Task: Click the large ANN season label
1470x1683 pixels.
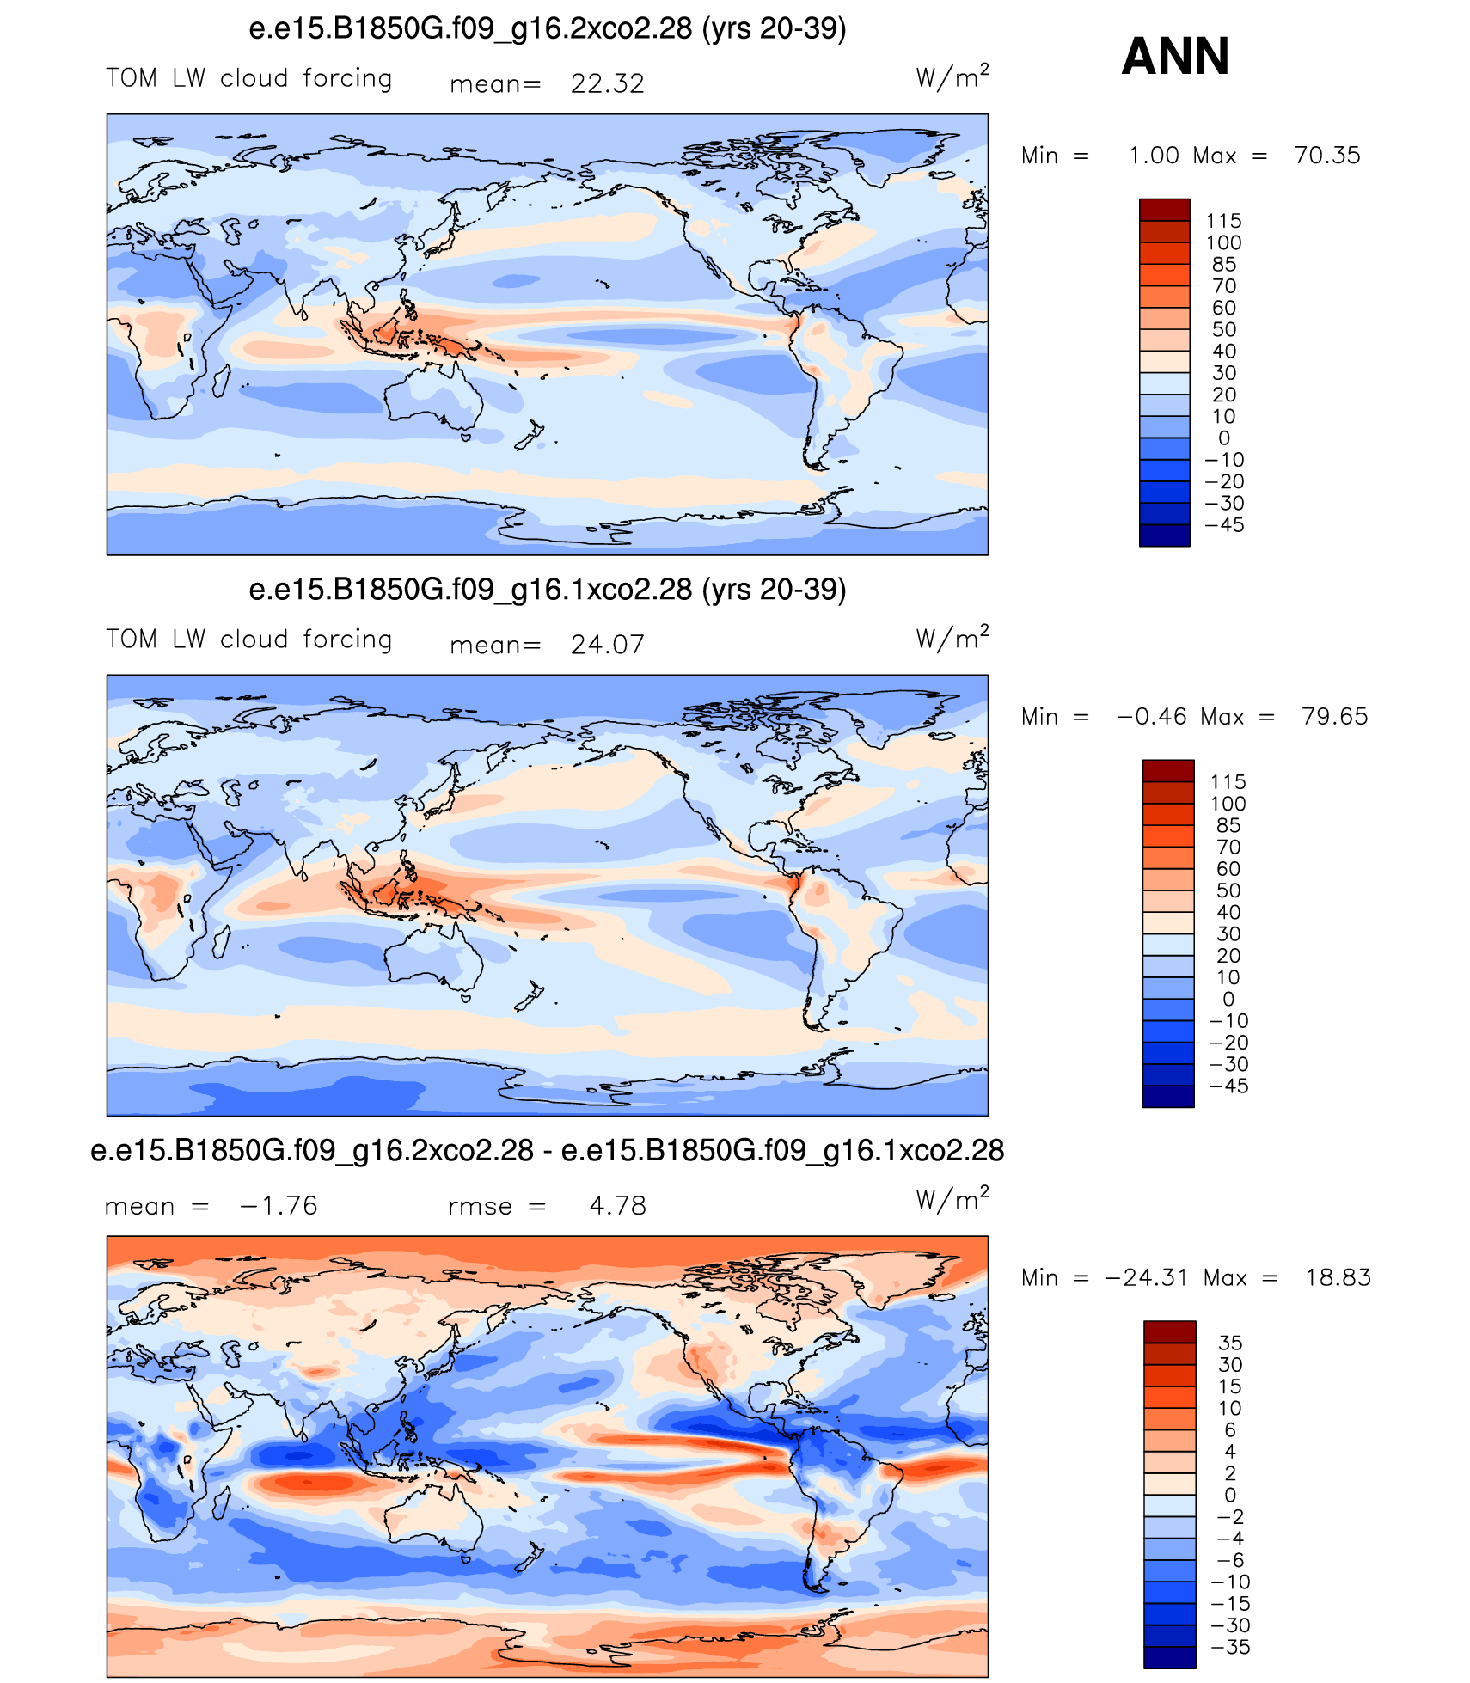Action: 1175,57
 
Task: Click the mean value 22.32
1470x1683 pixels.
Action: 607,83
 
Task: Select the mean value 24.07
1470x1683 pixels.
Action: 607,645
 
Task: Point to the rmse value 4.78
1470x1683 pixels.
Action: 617,1206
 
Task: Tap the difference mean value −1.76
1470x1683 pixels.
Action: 279,1206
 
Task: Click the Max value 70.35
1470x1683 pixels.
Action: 1327,156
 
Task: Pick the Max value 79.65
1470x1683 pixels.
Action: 1334,717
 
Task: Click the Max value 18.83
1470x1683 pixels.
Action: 1338,1278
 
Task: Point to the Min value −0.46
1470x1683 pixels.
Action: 1151,717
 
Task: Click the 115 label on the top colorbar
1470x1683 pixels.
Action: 1223,221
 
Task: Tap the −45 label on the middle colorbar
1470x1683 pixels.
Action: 1228,1086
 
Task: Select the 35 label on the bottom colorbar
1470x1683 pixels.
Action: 1230,1343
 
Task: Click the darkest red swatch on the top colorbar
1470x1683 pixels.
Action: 1165,210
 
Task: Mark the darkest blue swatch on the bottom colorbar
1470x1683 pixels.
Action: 1169,1656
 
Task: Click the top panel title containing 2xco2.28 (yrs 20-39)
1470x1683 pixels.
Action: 548,29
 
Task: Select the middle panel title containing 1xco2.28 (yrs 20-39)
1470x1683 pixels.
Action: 548,591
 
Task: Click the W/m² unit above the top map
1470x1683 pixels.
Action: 952,76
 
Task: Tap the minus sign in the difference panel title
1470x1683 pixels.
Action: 547,1152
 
